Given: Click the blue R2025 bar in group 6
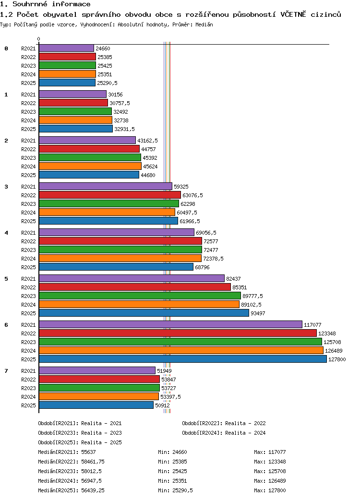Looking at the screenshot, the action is point(183,359).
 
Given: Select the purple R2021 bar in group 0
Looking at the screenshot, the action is point(66,48).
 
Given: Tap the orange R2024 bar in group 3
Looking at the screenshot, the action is point(107,212).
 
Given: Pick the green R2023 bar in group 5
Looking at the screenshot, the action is point(140,296).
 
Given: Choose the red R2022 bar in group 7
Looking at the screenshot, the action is point(99,379).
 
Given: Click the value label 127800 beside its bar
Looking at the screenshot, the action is point(337,359).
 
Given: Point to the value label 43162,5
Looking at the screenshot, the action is point(147,141).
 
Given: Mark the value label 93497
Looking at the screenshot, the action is point(258,313).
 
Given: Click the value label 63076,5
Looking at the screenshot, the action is point(192,195).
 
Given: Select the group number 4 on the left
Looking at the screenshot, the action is point(6,233).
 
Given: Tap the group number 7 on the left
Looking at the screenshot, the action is point(6,371).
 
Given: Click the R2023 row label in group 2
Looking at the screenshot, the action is point(28,158).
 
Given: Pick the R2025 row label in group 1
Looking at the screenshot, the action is point(28,129).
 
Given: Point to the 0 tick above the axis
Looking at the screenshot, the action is point(39,39).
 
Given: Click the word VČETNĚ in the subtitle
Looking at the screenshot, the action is point(293,14).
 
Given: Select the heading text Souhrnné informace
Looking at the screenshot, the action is point(51,4).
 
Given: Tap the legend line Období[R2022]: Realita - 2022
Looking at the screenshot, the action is point(224,423).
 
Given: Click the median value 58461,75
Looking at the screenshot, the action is point(93,462).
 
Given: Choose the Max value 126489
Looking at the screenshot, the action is point(270,481).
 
